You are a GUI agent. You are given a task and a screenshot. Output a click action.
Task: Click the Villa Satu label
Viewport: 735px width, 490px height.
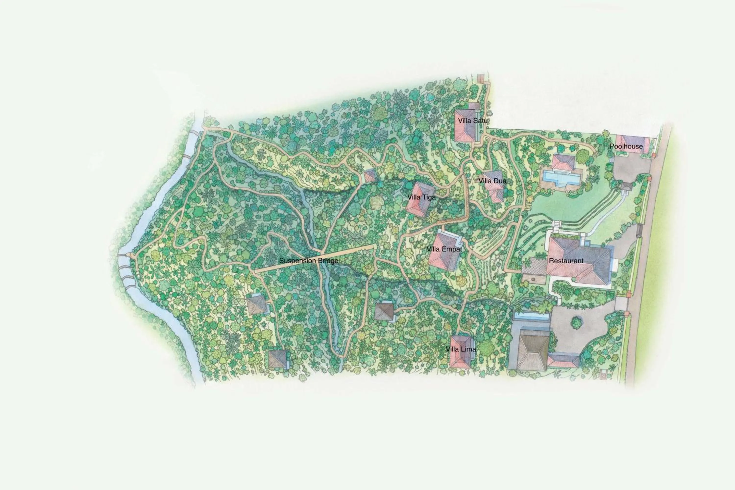(473, 121)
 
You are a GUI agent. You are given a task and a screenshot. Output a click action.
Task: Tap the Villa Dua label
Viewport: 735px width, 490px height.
(492, 181)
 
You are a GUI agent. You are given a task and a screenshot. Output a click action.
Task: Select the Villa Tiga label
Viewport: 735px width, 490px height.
(421, 197)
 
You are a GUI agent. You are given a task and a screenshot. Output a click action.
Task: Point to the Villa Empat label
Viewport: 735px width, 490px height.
(444, 249)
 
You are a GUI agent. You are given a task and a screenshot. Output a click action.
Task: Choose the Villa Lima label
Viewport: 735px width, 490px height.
(461, 349)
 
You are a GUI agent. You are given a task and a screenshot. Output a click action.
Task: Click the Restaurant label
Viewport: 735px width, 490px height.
(566, 261)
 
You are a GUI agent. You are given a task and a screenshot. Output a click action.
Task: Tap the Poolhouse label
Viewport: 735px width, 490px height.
(626, 146)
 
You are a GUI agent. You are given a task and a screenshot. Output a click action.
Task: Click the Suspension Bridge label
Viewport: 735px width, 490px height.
(308, 261)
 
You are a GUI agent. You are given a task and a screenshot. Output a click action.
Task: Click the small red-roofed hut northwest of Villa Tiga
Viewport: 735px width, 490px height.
(370, 176)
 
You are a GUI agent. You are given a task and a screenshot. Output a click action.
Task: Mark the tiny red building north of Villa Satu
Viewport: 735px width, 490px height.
(480, 78)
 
